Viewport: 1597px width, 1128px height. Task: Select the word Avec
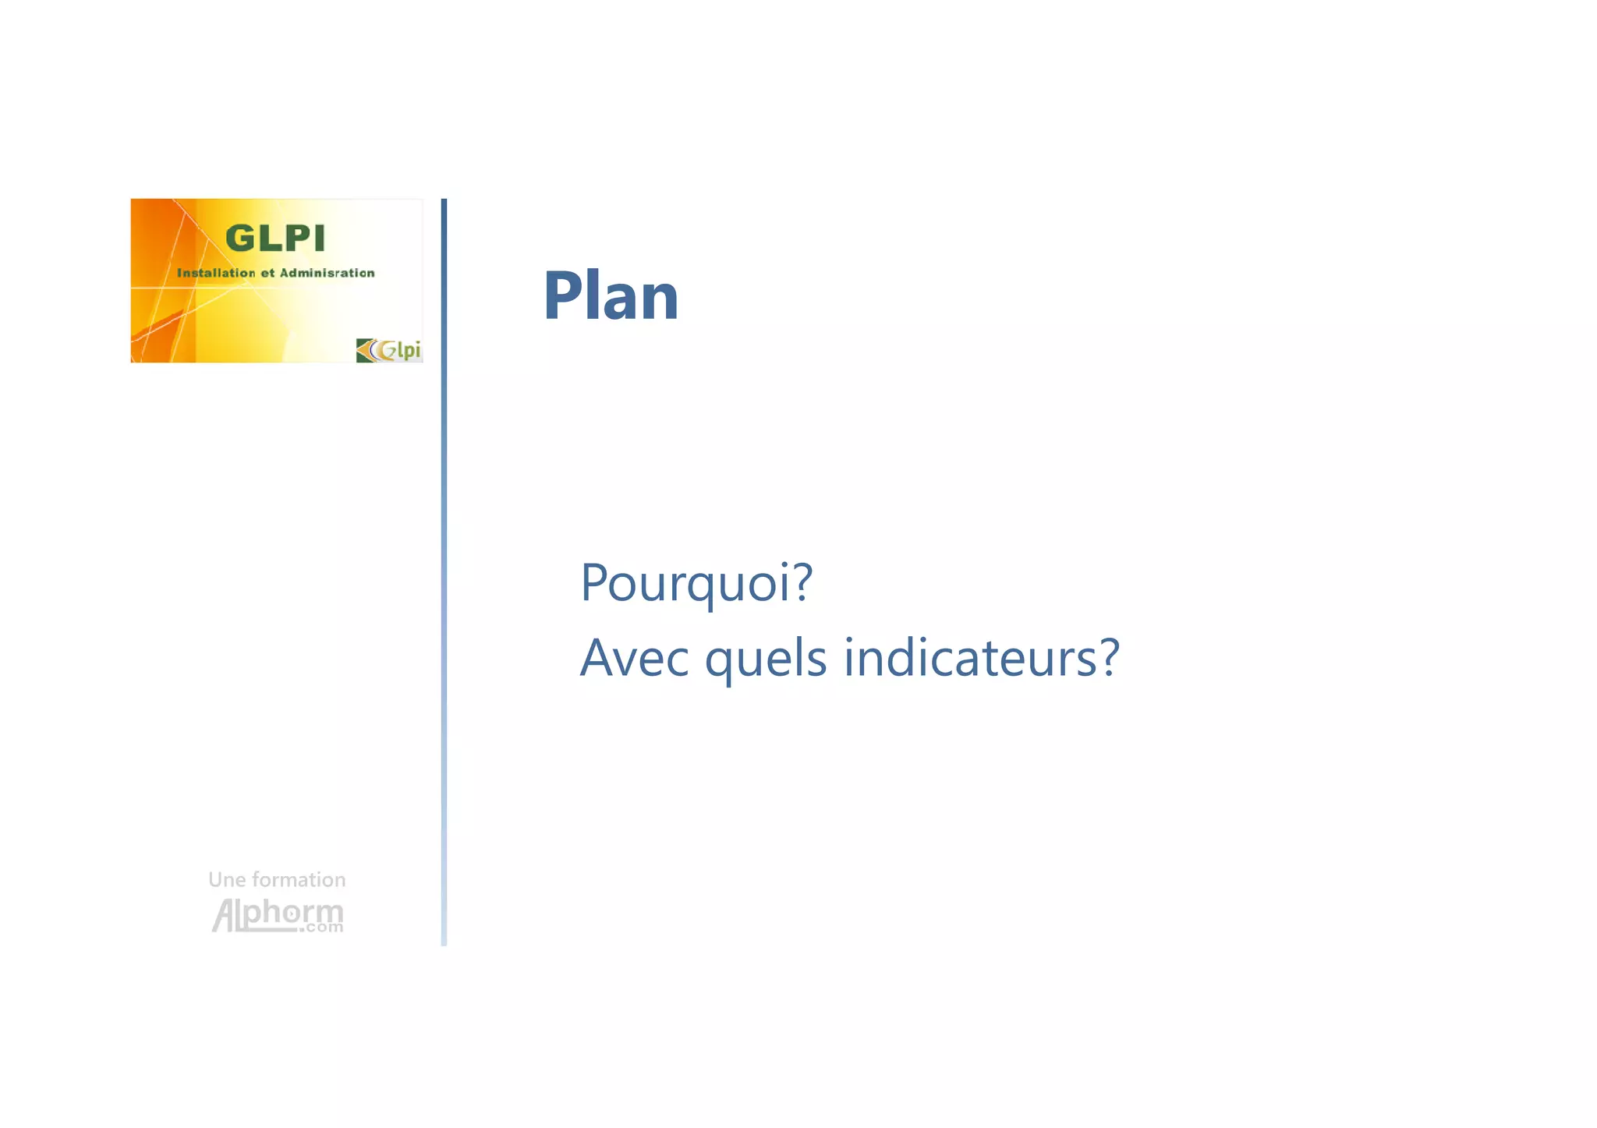coord(634,658)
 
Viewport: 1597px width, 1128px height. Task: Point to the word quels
coord(765,658)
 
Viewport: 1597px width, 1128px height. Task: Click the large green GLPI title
coord(274,239)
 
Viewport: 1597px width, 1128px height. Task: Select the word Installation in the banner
coord(216,273)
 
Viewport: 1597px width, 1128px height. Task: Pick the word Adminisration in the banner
coord(327,273)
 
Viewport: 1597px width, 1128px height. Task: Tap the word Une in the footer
coord(227,880)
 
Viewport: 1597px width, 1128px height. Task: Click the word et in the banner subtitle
coord(267,273)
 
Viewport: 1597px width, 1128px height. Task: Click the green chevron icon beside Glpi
coord(365,351)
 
